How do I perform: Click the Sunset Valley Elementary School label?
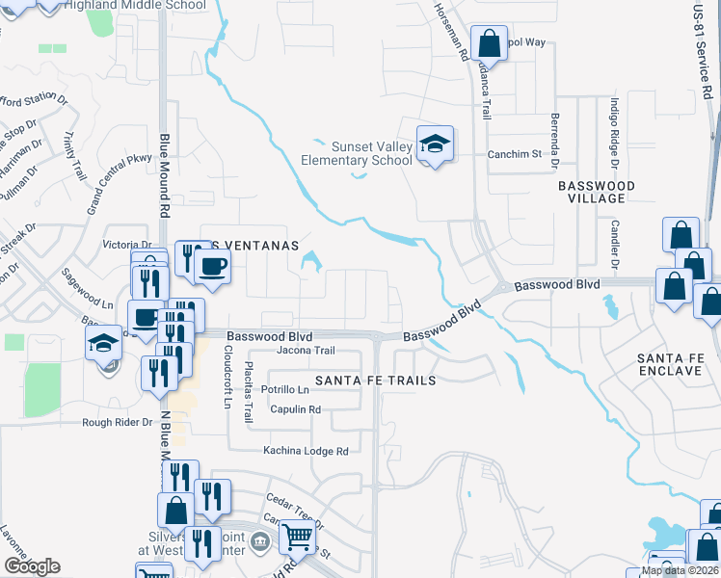372,153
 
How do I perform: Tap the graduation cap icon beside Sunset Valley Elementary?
435,144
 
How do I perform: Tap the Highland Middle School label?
134,5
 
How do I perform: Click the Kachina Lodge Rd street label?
306,451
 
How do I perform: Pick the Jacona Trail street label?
305,351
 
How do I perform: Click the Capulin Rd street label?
295,409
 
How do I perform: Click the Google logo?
32,566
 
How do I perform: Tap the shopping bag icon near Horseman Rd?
490,43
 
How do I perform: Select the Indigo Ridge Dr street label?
613,130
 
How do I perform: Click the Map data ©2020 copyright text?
679,570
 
